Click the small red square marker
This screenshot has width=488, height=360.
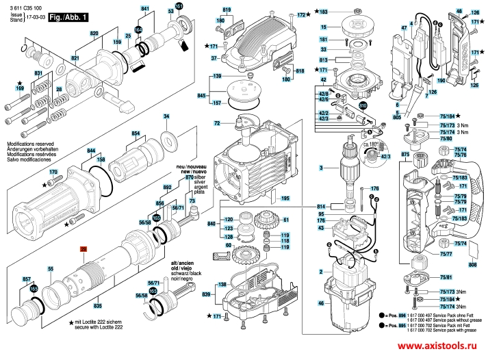point(84,250)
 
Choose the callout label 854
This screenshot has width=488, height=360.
point(136,133)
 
